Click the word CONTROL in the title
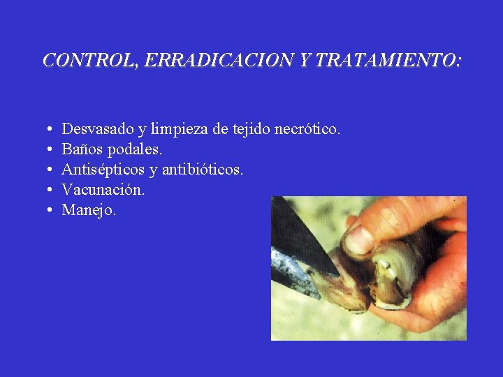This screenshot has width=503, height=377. (89, 61)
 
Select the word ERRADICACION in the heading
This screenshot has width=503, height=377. (218, 61)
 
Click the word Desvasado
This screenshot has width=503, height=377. (97, 129)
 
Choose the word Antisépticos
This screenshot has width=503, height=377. (103, 170)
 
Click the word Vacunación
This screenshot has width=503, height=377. (103, 189)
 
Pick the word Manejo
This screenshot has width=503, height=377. (89, 209)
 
